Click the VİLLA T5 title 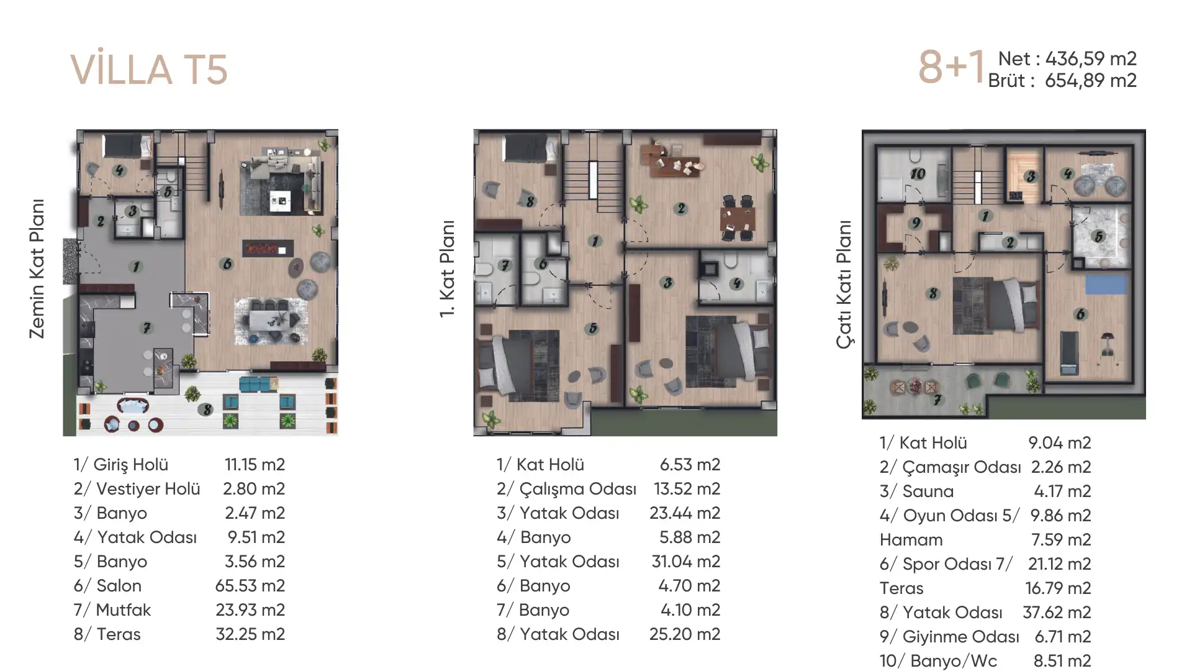click(149, 70)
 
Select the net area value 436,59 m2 click(1091, 58)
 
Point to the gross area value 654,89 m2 click(1091, 80)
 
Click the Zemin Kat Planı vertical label click(37, 268)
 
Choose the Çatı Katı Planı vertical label click(844, 284)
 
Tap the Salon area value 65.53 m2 click(250, 585)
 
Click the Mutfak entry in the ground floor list click(112, 609)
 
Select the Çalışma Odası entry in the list click(566, 489)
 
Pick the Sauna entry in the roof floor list click(916, 491)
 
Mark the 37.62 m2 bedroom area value click(1057, 612)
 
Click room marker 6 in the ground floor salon click(227, 265)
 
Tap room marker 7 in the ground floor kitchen click(147, 328)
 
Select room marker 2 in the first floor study click(681, 209)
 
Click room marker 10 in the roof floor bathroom click(918, 174)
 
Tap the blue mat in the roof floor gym click(1106, 285)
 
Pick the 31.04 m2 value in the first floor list click(686, 561)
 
